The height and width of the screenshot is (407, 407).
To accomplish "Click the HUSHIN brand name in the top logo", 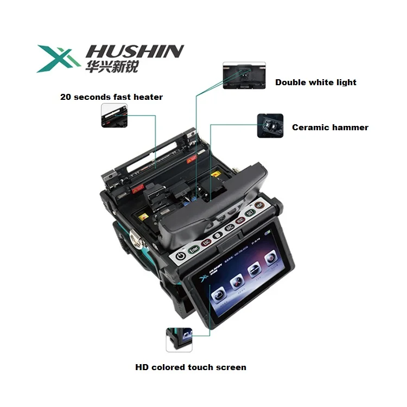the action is [135, 52].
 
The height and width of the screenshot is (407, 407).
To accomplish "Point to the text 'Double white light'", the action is [316, 82].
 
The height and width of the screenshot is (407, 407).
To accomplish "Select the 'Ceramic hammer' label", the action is [330, 128].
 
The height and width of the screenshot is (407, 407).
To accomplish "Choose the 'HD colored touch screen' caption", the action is [190, 367].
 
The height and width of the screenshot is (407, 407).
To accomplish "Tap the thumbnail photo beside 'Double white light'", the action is [244, 75].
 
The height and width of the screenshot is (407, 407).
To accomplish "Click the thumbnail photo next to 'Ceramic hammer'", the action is [270, 126].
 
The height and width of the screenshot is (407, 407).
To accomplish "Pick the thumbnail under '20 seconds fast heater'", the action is [115, 116].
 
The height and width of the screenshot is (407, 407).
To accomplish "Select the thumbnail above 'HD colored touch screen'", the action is [179, 340].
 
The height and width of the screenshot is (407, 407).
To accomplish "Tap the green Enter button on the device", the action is [194, 250].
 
